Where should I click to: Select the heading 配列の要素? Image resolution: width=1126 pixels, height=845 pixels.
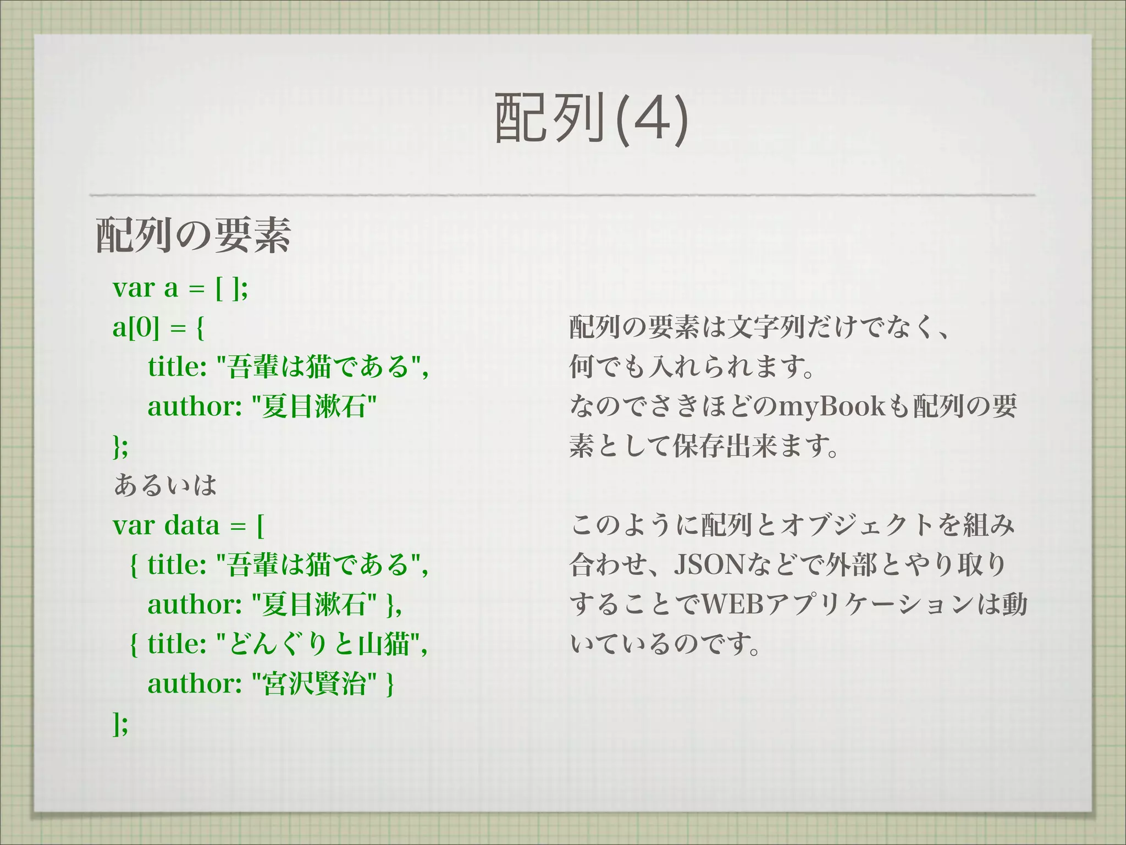tap(193, 235)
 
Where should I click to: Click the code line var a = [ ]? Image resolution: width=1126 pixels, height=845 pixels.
tap(180, 288)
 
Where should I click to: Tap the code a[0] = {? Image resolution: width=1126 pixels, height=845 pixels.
tap(158, 328)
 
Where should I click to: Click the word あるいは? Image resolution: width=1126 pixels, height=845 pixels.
tap(165, 485)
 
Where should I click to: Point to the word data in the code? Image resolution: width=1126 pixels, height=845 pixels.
tap(192, 525)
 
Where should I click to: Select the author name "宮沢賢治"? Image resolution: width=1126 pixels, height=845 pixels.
tap(314, 684)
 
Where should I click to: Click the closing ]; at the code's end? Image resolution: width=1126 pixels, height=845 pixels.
tap(120, 724)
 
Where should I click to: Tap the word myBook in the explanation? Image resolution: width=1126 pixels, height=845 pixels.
tap(832, 407)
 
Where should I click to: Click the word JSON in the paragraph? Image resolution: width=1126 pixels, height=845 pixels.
tap(709, 564)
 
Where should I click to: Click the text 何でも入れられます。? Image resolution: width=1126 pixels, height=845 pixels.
tap(691, 367)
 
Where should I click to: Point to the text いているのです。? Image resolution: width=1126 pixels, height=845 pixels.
tap(665, 644)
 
